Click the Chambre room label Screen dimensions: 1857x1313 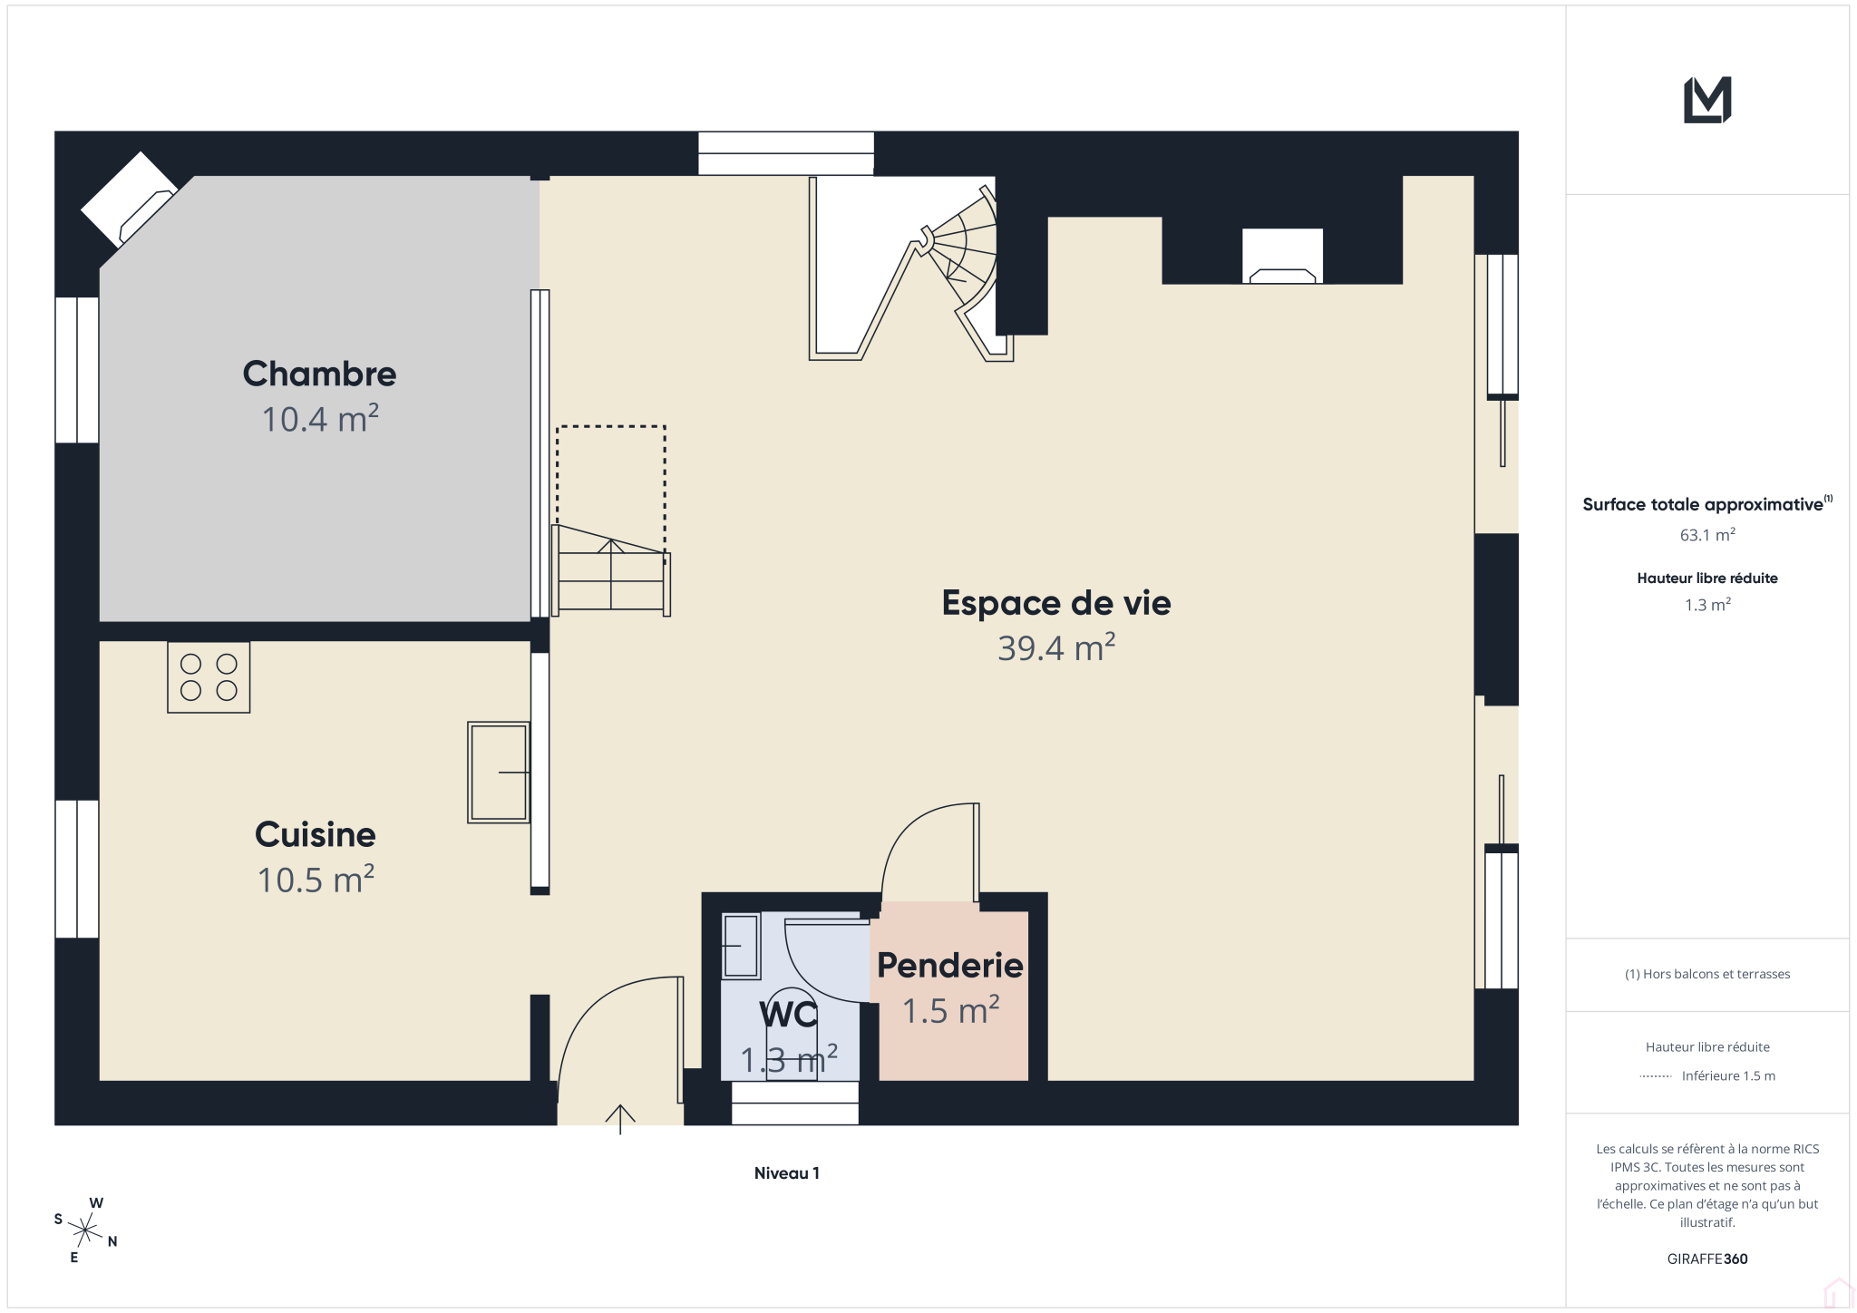click(x=319, y=374)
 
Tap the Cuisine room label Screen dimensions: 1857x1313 click(x=316, y=834)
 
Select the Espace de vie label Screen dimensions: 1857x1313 click(x=1056, y=603)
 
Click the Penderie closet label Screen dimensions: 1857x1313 click(x=950, y=966)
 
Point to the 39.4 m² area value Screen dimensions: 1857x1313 click(x=1056, y=647)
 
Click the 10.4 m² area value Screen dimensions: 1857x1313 click(x=320, y=419)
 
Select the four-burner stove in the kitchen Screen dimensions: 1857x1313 click(x=209, y=677)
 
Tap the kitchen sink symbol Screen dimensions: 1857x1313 click(x=499, y=773)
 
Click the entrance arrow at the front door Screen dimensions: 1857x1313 click(x=620, y=1119)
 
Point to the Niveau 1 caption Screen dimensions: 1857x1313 click(x=787, y=1173)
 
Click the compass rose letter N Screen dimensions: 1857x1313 click(x=112, y=1242)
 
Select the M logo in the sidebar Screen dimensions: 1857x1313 click(x=1707, y=100)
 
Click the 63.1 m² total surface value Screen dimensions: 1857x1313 click(x=1707, y=535)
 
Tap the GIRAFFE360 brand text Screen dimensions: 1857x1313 click(x=1707, y=1259)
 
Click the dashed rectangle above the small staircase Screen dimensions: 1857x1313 click(x=611, y=426)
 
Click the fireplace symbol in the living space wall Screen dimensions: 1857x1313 click(x=1282, y=257)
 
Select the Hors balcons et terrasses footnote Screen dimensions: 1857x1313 click(x=1707, y=974)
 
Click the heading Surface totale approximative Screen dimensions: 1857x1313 click(x=1703, y=504)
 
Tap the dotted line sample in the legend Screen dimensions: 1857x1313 click(x=1656, y=1076)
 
